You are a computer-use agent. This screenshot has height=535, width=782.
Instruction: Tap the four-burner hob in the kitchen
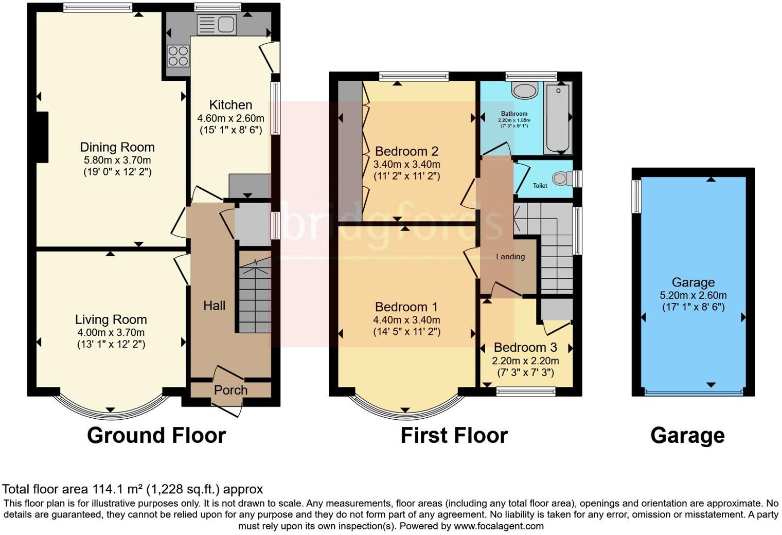177,56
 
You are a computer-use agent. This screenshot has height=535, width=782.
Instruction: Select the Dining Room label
117,147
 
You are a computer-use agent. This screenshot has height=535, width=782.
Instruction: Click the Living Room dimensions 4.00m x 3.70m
111,332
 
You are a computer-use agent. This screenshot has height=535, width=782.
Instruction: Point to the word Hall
214,306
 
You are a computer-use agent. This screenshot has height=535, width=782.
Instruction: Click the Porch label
230,390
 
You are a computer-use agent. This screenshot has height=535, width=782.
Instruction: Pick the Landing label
510,257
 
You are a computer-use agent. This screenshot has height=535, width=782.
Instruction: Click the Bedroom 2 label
406,151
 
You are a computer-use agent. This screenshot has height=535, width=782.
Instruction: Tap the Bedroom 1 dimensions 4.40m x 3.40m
406,320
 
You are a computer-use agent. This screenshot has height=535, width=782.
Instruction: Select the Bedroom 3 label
525,348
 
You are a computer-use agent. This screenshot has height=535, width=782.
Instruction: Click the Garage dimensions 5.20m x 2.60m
693,295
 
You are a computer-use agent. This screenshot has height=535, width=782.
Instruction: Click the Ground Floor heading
156,435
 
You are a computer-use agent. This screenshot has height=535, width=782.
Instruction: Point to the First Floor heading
454,435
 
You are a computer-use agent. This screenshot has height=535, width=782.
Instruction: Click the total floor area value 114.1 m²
118,489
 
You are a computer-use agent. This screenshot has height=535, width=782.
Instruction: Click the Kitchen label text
230,105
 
